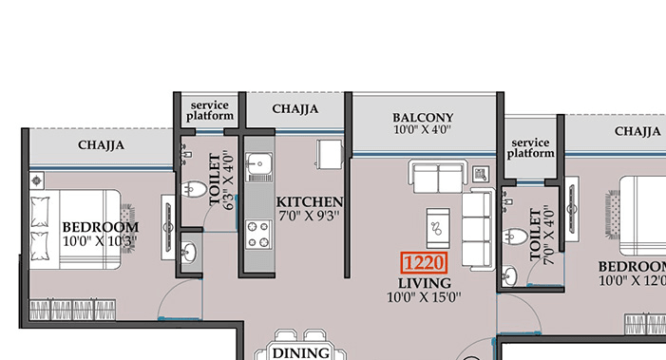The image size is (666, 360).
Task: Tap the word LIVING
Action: (425, 283)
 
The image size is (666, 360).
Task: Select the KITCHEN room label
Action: (309, 202)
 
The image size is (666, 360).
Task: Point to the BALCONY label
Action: (423, 118)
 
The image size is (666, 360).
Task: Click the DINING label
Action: (300, 352)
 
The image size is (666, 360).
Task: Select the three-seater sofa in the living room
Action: (475, 228)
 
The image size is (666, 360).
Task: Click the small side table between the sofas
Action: (480, 174)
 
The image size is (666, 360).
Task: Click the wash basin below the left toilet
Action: (190, 253)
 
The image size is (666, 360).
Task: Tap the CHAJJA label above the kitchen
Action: (295, 109)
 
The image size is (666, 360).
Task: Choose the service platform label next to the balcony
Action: (530, 146)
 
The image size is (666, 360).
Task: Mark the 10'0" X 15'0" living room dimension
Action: (424, 297)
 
